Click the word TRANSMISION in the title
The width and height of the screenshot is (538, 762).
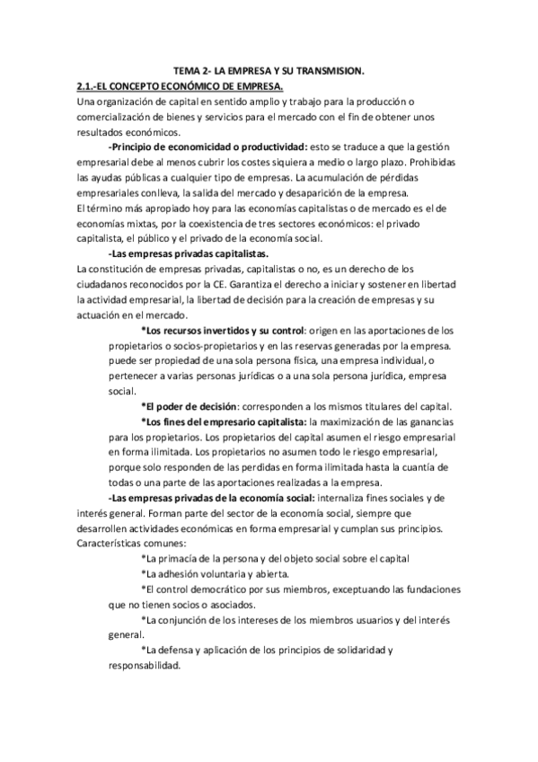click(331, 71)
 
